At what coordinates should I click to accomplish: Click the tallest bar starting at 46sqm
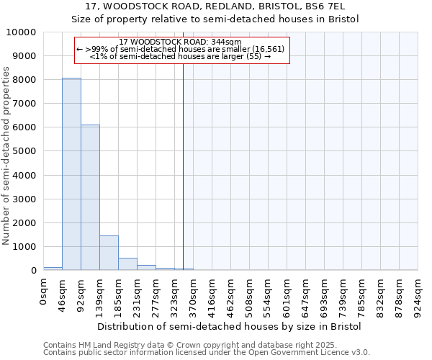[x=71, y=174]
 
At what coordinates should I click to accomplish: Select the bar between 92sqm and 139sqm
[x=90, y=197]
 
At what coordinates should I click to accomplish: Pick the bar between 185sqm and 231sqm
[x=127, y=264]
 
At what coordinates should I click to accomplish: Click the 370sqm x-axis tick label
[x=194, y=293]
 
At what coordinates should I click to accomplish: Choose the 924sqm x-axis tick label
[x=418, y=293]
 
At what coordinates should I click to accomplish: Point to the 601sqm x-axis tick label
[x=287, y=293]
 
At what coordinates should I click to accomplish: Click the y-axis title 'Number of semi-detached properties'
[x=6, y=156]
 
